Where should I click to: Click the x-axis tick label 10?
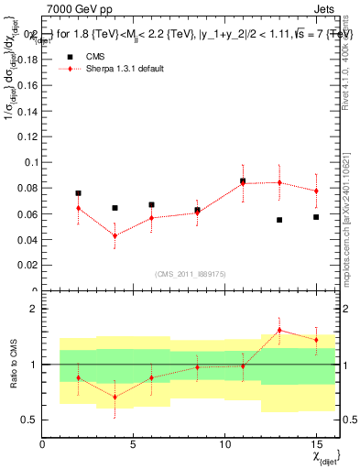coord(224,444)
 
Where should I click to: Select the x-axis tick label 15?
coord(316,444)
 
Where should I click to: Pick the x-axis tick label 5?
coord(134,444)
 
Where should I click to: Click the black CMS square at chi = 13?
coord(279,220)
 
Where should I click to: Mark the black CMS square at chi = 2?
coord(79,193)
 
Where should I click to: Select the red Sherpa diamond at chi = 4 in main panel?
coord(115,235)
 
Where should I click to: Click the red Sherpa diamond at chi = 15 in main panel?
coord(316,191)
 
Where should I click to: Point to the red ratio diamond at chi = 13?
coord(279,330)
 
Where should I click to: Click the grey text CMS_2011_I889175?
coord(190,274)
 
